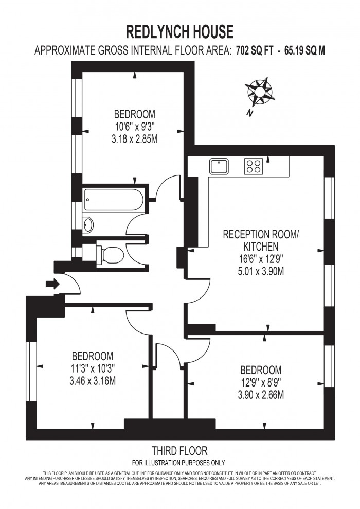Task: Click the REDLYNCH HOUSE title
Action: pyautogui.click(x=180, y=32)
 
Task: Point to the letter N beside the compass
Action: pyautogui.click(x=249, y=114)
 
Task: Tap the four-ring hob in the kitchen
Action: pyautogui.click(x=253, y=166)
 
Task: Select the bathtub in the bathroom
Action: pyautogui.click(x=113, y=199)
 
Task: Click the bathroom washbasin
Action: pyautogui.click(x=88, y=225)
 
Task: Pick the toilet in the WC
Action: pyautogui.click(x=110, y=254)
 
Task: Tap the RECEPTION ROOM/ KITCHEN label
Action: pyautogui.click(x=261, y=240)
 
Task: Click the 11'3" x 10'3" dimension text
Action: pyautogui.click(x=92, y=368)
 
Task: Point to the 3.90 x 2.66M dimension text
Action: pyautogui.click(x=261, y=395)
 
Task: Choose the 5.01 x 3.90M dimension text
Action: pyautogui.click(x=261, y=271)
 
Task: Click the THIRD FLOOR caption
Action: pyautogui.click(x=179, y=451)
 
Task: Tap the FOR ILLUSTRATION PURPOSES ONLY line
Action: pyautogui.click(x=179, y=463)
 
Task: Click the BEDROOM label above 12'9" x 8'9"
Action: pyautogui.click(x=261, y=370)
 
